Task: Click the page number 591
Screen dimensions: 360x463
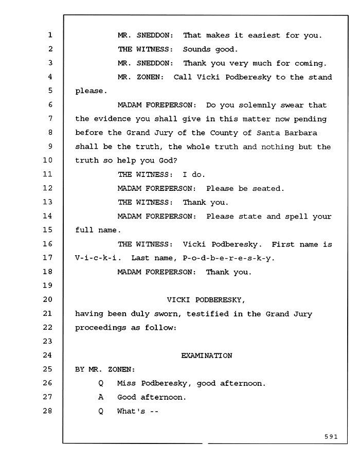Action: (331, 437)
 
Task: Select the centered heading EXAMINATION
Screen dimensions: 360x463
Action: (207, 355)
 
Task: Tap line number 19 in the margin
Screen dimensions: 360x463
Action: (47, 285)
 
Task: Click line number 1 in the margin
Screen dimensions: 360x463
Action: (50, 35)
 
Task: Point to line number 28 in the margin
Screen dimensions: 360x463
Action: (47, 411)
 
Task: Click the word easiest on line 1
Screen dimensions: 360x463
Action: (264, 35)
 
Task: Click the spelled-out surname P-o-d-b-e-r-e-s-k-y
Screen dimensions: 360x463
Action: (227, 258)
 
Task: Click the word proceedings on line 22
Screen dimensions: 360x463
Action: (101, 328)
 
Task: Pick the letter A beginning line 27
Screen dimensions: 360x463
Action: (101, 397)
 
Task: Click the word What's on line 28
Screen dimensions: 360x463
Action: (131, 411)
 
